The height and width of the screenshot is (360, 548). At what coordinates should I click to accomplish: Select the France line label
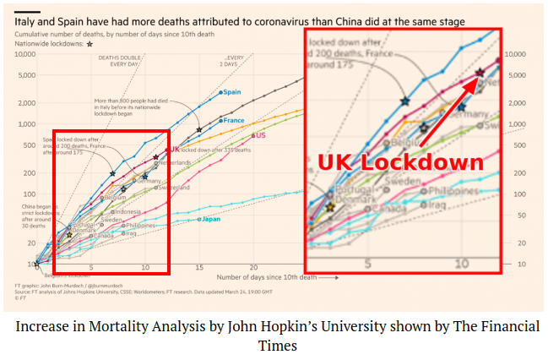[235, 120]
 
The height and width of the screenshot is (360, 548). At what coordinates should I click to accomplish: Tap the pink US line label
[261, 135]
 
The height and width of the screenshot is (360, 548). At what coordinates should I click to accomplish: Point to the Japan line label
[212, 219]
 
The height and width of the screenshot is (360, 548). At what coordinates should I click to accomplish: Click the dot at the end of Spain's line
[220, 92]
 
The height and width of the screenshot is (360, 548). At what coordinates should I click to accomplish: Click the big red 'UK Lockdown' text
[400, 162]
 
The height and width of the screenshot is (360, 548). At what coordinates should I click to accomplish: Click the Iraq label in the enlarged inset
[437, 204]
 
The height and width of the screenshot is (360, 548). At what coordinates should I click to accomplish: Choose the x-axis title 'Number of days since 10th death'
[258, 276]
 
